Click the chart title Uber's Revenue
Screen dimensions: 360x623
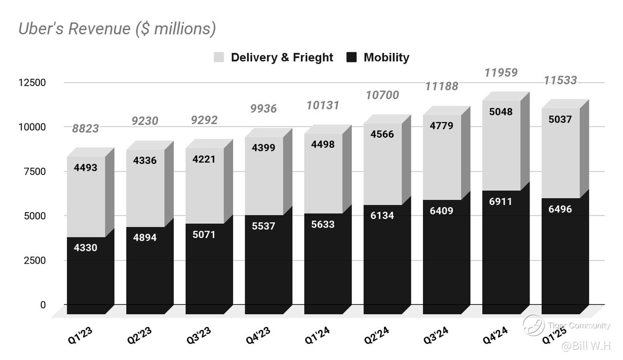pos(117,29)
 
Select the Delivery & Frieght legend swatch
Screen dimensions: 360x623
pos(219,57)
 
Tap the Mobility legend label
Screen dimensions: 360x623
pos(386,57)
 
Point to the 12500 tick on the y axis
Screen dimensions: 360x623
pos(32,82)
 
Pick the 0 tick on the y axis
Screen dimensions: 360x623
pos(43,305)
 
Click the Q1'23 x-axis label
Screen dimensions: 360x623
pos(80,335)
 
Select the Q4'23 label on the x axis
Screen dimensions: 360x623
pos(258,335)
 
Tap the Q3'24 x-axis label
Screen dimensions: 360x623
pos(436,335)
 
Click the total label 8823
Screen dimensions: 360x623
pos(86,128)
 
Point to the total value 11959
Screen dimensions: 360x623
pos(501,72)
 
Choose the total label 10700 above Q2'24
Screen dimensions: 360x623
pos(382,95)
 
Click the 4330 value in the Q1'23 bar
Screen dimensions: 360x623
pos(86,248)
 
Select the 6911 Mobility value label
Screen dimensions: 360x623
pos(501,201)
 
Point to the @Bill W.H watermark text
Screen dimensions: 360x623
pos(586,346)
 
